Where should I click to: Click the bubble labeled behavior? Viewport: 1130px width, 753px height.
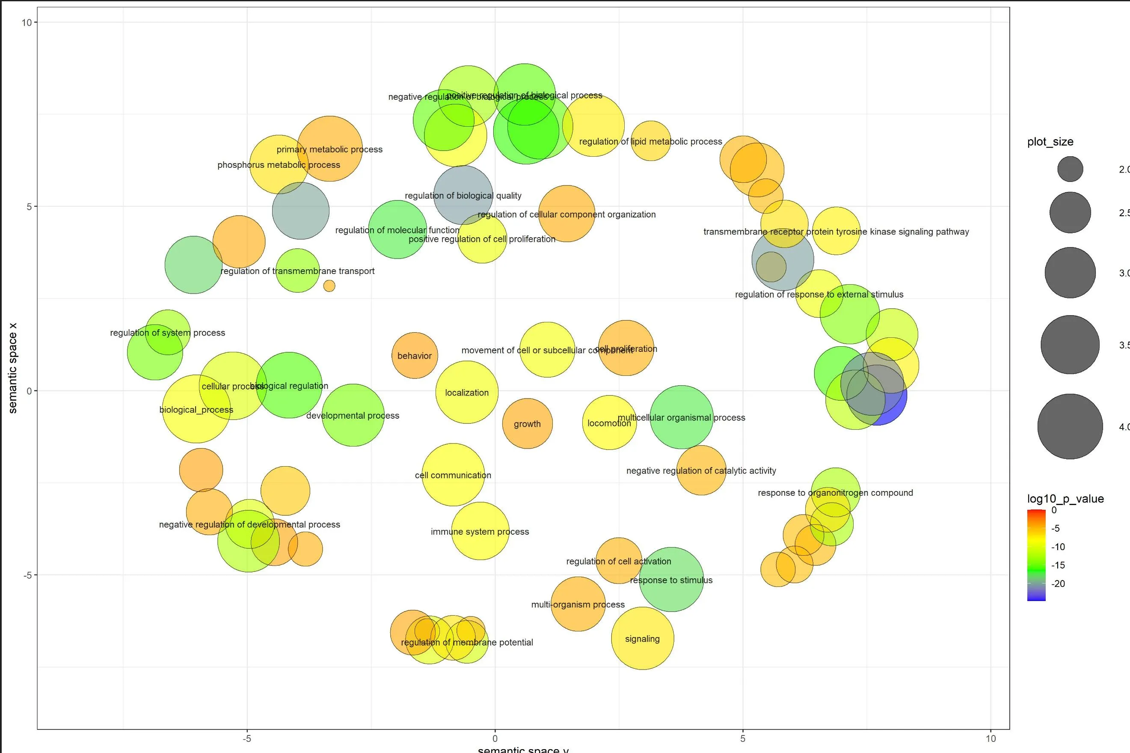point(415,355)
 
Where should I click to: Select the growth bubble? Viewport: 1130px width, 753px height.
point(527,423)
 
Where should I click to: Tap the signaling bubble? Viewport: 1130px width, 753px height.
point(642,638)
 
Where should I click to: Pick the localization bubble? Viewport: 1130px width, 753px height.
point(467,393)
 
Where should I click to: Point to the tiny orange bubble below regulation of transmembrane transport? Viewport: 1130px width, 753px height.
point(329,286)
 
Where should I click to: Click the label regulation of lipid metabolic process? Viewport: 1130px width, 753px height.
point(650,141)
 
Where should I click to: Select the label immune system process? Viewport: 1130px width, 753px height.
point(480,531)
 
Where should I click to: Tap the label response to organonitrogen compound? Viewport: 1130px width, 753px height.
point(835,492)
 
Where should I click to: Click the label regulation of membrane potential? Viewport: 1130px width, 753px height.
point(467,642)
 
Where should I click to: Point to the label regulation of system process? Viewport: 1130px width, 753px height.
point(168,332)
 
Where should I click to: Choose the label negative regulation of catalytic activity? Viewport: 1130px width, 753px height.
point(701,470)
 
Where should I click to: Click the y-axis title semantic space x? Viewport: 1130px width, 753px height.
point(12,367)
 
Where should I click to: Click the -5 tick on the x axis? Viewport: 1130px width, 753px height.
point(247,738)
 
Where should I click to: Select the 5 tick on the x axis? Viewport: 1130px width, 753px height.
point(743,738)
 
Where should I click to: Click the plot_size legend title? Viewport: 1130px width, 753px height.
point(1050,142)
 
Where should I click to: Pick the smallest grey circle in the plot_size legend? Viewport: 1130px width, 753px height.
point(1070,169)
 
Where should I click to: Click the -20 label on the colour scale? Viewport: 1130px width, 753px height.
point(1058,583)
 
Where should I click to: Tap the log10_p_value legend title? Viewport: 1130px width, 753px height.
point(1065,498)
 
